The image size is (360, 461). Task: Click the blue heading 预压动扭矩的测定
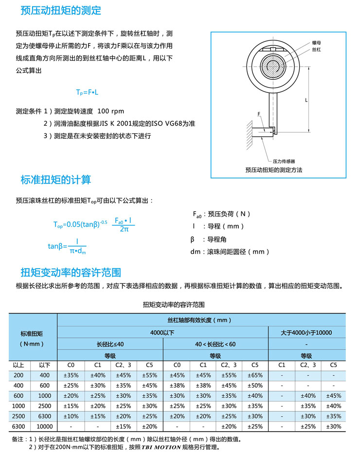(61, 10)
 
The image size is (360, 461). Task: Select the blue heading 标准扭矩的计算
(56, 180)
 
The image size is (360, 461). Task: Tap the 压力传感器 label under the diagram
(284, 161)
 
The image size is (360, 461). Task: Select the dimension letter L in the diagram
(306, 100)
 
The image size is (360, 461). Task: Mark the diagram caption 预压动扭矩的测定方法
(274, 170)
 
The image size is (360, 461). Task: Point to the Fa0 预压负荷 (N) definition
(222, 214)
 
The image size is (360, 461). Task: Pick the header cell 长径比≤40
(110, 344)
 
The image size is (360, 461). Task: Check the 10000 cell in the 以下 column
(44, 426)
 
